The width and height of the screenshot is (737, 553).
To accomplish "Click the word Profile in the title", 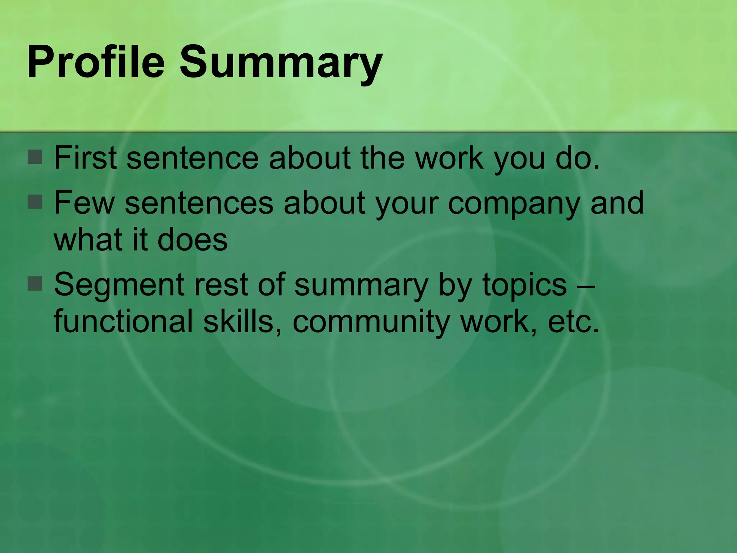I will tap(96, 62).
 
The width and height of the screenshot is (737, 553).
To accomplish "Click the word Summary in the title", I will tap(281, 62).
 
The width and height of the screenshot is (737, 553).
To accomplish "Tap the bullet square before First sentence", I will tap(35, 157).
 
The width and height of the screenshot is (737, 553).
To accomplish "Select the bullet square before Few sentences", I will tap(35, 202).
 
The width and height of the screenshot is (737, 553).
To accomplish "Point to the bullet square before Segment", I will tap(35, 284).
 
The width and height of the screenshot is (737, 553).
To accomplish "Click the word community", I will tap(371, 323).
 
